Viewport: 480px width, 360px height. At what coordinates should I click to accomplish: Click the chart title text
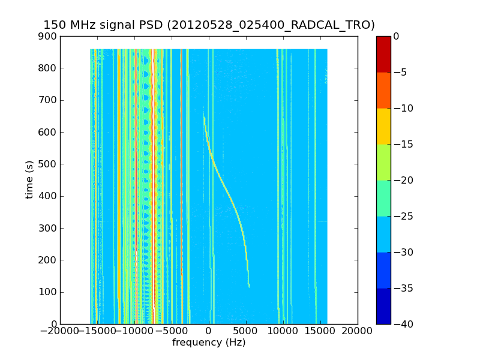[x=209, y=25]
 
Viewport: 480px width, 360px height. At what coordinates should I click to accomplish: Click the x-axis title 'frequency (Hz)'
[x=209, y=343]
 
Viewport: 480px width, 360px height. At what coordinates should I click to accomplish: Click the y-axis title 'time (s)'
[x=29, y=180]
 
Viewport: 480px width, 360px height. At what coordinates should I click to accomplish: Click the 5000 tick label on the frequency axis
[x=246, y=331]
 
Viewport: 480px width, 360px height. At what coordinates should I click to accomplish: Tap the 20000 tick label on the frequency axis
[x=358, y=331]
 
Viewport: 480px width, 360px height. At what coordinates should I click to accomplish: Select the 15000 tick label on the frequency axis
[x=320, y=331]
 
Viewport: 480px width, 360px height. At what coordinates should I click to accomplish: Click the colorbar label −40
[x=401, y=324]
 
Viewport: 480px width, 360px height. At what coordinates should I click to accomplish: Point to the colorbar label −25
[x=401, y=216]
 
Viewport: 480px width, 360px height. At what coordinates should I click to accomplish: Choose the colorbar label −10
[x=401, y=109]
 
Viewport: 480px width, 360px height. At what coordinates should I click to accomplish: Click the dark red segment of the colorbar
[x=383, y=54]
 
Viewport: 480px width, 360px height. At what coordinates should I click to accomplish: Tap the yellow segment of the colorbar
[x=383, y=126]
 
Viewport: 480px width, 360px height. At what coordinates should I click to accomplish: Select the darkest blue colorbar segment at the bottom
[x=383, y=306]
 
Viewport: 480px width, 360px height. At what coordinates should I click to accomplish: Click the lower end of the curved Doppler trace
[x=249, y=286]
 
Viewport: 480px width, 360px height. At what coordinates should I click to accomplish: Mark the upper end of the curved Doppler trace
[x=204, y=118]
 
